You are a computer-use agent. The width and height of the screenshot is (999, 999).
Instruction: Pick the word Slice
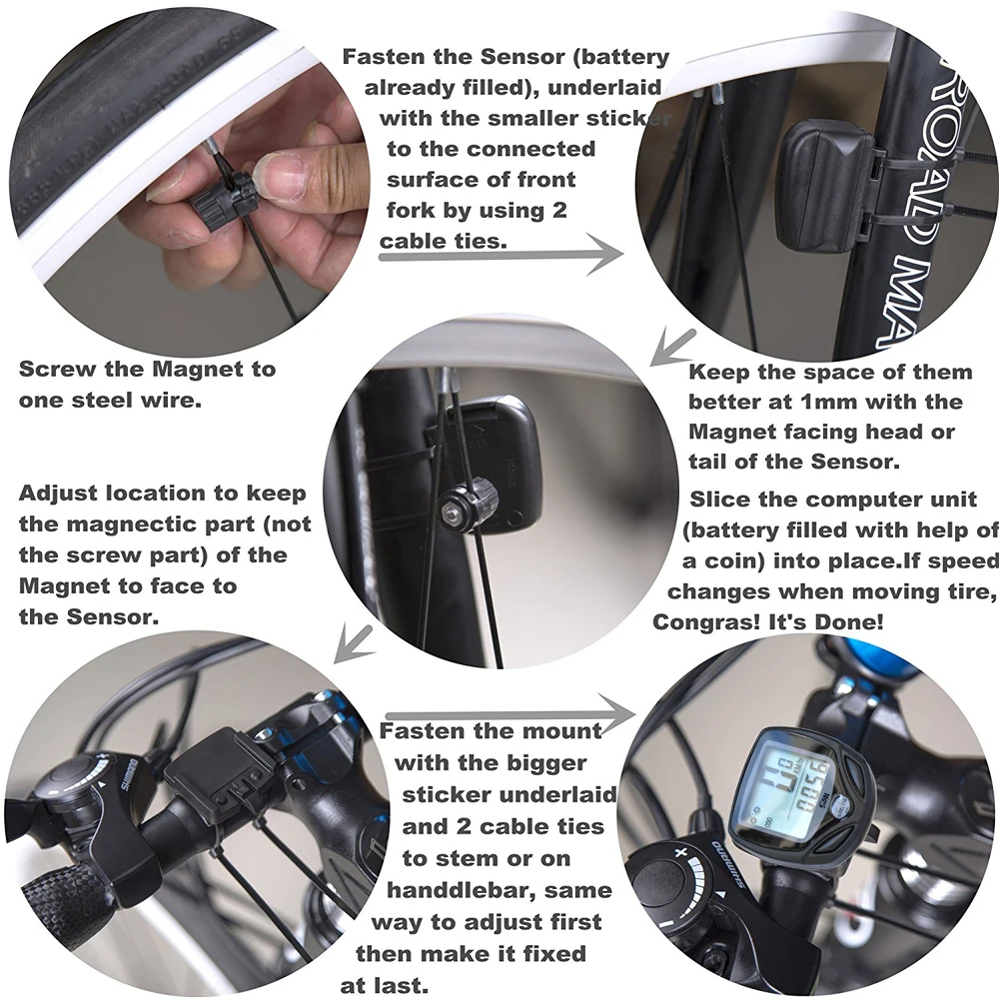718,499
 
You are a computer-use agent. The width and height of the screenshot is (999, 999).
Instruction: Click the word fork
411,210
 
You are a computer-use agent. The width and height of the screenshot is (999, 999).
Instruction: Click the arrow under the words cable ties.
500,254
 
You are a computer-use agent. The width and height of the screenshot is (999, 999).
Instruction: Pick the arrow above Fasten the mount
510,714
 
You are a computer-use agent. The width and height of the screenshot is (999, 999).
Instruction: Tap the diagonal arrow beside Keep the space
672,348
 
